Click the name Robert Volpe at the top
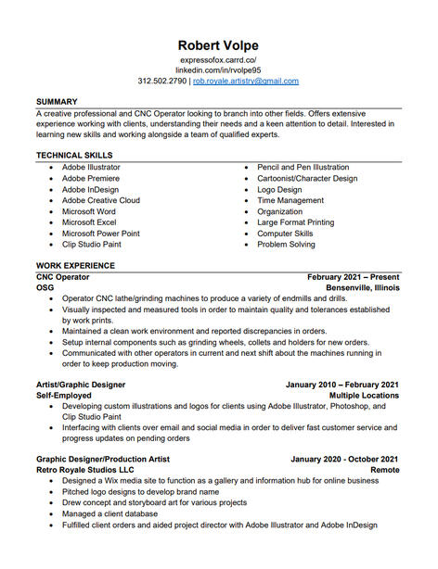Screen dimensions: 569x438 tap(219, 45)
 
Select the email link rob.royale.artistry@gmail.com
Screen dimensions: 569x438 tap(246, 82)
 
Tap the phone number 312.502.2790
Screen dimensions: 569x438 tap(162, 82)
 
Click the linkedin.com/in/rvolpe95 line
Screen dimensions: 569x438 tap(219, 70)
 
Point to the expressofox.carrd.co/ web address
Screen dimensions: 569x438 tap(219, 59)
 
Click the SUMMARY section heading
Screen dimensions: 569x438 tap(58, 101)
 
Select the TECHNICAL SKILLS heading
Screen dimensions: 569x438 tap(74, 155)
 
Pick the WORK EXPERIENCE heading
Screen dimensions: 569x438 tap(75, 266)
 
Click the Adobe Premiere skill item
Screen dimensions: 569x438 tap(91, 178)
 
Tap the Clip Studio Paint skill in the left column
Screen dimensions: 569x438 tap(92, 245)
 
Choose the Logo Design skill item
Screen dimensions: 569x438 tap(279, 189)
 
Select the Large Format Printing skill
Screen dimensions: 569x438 tap(295, 222)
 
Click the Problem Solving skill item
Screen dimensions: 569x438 tap(286, 245)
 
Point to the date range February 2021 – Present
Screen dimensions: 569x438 tap(354, 277)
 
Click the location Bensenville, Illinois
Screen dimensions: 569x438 tap(362, 288)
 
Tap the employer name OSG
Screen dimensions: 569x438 tap(45, 288)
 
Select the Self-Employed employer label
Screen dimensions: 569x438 tap(63, 396)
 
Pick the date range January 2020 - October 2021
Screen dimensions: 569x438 tap(344, 459)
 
